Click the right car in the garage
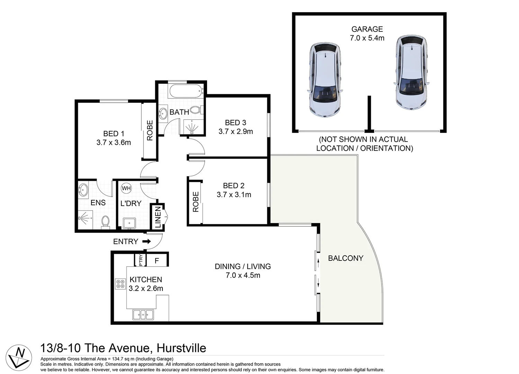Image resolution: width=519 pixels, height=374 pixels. point(412,72)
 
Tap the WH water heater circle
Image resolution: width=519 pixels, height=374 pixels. point(126,188)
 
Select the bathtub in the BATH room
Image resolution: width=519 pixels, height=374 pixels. point(187,91)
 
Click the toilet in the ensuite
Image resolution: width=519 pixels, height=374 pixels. point(105,222)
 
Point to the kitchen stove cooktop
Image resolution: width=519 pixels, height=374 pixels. point(120,284)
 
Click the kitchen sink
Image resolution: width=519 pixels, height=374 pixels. point(143,315)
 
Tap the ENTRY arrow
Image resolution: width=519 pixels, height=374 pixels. point(146,241)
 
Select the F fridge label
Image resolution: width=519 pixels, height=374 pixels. point(157,261)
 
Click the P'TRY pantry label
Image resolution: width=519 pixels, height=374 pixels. point(141,260)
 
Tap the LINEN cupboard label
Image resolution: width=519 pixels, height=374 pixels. point(158,217)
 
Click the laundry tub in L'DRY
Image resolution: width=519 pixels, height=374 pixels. point(129,223)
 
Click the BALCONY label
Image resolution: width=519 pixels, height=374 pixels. point(346,258)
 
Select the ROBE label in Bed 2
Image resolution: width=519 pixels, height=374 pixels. point(196,202)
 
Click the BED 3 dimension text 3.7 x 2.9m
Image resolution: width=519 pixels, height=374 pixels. point(236,131)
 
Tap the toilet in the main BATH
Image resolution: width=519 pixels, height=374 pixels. point(196,110)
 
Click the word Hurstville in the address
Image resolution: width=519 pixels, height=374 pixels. point(181,348)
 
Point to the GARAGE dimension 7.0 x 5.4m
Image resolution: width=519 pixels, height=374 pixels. point(367,38)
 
